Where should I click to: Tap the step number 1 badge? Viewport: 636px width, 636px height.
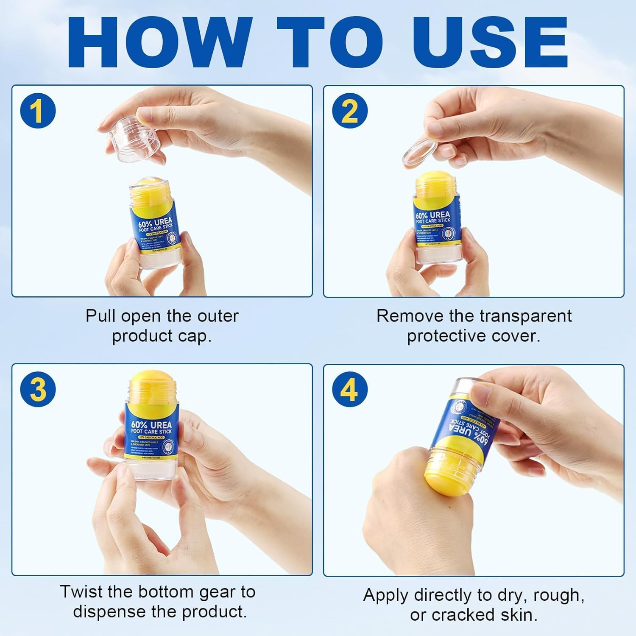38,111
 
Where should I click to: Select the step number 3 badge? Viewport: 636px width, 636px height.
38,389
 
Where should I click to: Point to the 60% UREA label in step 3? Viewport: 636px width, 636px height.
151,425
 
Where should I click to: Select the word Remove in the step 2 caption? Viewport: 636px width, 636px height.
403,316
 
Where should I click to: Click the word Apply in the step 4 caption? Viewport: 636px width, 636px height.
386,595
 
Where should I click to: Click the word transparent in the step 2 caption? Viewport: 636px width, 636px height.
525,316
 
